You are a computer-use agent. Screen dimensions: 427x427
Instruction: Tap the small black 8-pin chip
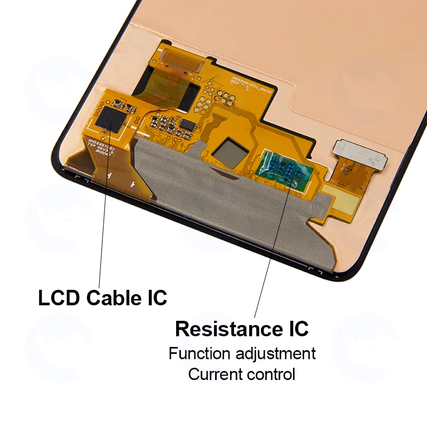point(188,124)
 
